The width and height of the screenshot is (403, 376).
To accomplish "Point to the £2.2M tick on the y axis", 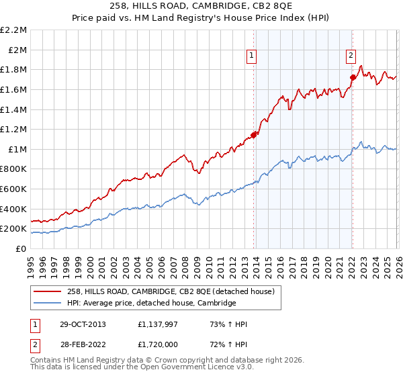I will pos(14,30).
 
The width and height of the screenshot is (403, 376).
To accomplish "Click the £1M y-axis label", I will pos(18,150).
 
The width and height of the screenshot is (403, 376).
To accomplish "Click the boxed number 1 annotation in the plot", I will pos(251,56).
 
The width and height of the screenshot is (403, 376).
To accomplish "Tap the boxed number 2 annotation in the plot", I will pos(351,56).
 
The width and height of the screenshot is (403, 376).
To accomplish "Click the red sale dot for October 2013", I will pos(253,135).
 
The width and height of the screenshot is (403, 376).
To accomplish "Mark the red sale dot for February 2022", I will pos(353,77).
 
